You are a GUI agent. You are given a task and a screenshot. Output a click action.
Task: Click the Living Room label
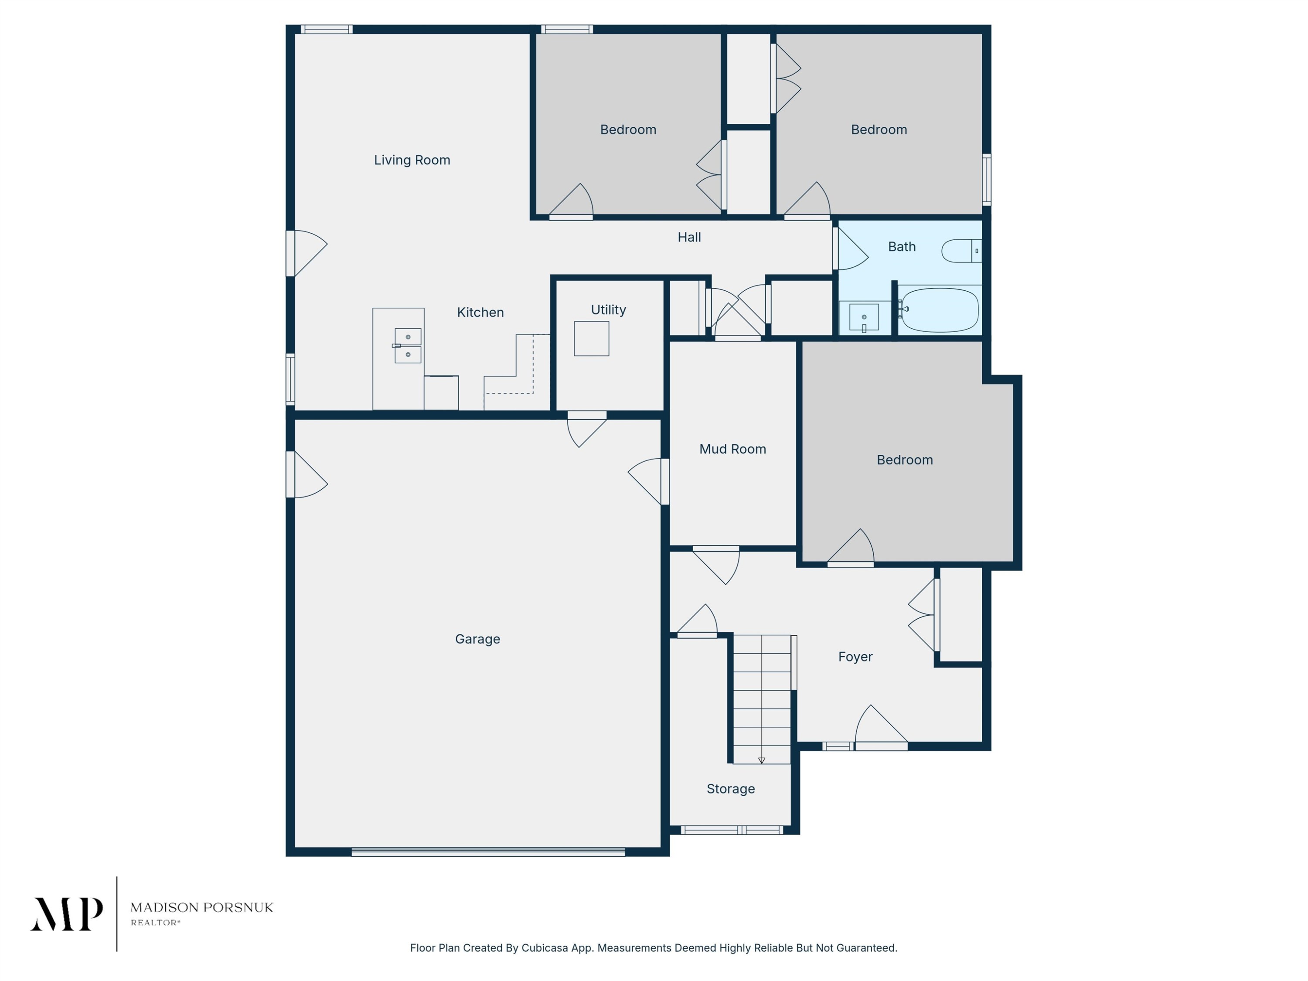[412, 160]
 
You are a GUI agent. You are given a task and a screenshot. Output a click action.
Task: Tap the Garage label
[478, 639]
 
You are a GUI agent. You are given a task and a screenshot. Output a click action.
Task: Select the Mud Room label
[732, 450]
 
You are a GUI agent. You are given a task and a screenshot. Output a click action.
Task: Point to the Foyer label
[855, 657]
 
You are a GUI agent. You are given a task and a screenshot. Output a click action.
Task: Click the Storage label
[731, 789]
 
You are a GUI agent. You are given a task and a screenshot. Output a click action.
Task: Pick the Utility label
[609, 310]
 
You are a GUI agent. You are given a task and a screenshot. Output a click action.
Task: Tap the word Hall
[689, 237]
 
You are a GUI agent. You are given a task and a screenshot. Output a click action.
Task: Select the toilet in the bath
[961, 251]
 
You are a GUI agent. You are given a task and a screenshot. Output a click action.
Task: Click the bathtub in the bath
[940, 310]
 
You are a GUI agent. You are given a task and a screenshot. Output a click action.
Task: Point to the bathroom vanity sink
[864, 317]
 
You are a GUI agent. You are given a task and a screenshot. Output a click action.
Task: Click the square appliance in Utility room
[591, 338]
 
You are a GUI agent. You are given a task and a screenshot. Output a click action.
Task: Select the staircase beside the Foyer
[762, 699]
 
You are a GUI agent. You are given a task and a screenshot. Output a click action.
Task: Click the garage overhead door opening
[488, 852]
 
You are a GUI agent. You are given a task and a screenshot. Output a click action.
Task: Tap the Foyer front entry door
[881, 726]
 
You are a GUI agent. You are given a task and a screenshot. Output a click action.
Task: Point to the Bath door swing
[850, 249]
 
